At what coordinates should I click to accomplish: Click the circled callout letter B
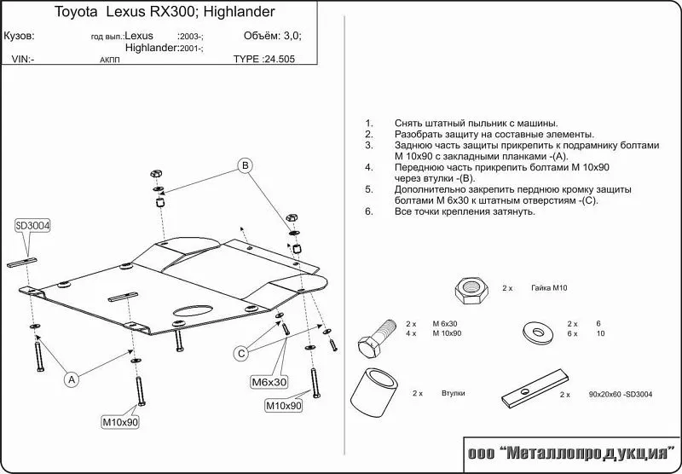click(x=245, y=165)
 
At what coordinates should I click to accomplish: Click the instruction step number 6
click(x=367, y=211)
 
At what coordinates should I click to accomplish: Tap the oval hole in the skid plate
click(x=194, y=312)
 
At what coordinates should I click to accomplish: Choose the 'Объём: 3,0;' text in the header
click(x=273, y=37)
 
